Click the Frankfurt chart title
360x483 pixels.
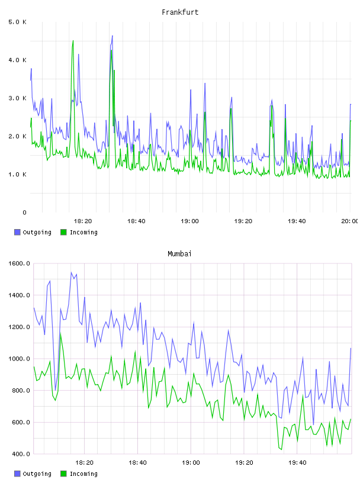(180, 12)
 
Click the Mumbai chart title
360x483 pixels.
(179, 254)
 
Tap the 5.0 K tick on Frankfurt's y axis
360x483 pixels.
(18, 22)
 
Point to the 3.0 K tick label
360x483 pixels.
(18, 98)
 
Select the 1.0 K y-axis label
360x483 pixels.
(18, 175)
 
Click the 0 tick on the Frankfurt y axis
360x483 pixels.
(24, 212)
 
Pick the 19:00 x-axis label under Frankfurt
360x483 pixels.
(189, 221)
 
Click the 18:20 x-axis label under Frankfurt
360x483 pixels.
(83, 221)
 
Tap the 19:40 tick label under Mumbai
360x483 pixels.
(297, 463)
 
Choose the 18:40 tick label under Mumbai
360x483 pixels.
(137, 463)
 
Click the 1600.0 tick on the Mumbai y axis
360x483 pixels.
(19, 263)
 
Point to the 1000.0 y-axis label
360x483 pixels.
(19, 359)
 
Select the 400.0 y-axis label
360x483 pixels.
(21, 454)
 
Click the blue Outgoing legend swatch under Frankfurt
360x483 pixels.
(17, 232)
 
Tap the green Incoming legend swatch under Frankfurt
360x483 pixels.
(63, 232)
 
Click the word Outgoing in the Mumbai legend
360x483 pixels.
(37, 474)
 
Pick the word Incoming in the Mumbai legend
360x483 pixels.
(83, 474)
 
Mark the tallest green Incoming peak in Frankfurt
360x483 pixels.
(73, 40)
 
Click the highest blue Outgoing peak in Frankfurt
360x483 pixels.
(112, 36)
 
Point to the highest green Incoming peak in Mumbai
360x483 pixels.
(60, 333)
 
